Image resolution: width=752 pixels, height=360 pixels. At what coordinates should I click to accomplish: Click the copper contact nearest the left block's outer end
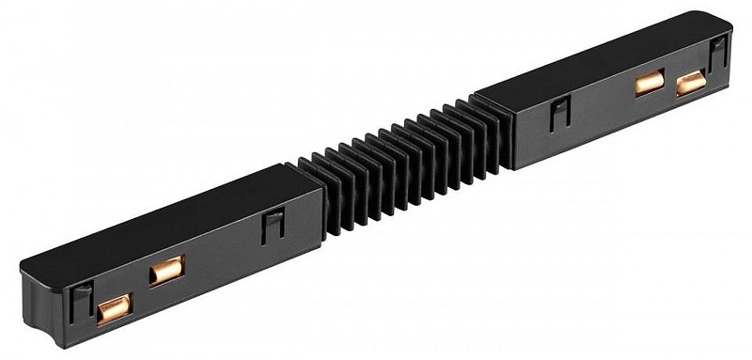tap(115, 305)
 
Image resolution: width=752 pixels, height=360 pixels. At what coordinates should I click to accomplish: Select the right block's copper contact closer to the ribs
tap(649, 82)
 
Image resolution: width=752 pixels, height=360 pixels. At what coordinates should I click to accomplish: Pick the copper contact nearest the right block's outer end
tap(691, 83)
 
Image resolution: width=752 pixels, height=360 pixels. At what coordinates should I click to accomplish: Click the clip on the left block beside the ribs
tap(274, 227)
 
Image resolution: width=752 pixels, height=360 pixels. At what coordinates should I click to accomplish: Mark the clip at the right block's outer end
tap(717, 54)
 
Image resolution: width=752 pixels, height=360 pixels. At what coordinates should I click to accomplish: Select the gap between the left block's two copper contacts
tap(141, 290)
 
